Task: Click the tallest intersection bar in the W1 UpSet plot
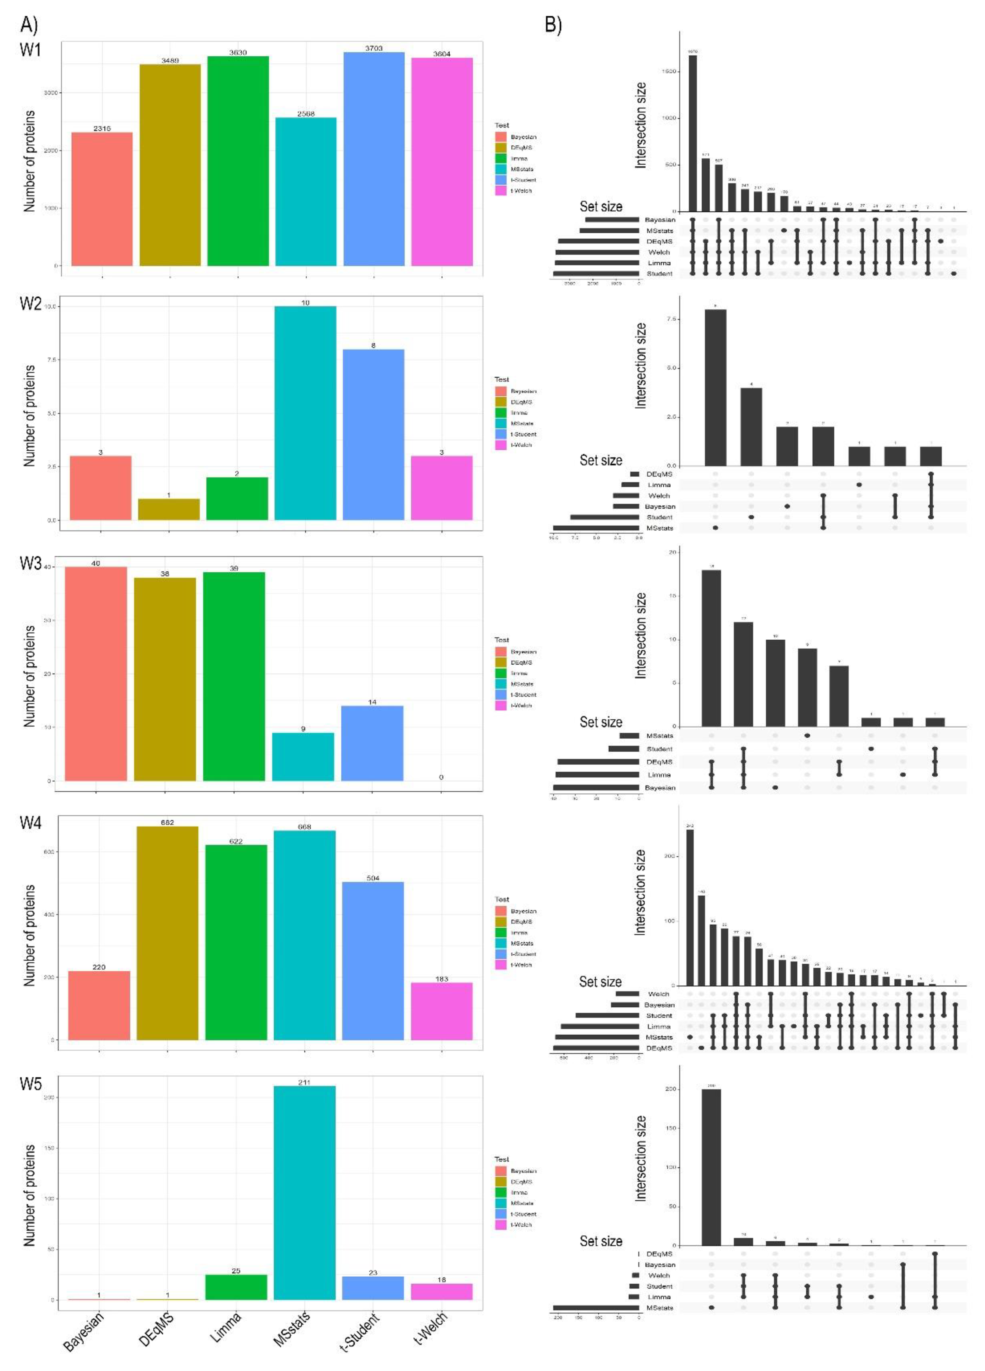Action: click(693, 133)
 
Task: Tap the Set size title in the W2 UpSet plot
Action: click(601, 460)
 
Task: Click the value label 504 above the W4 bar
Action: click(373, 878)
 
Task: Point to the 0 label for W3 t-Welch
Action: click(441, 777)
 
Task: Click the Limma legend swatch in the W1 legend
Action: click(500, 158)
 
